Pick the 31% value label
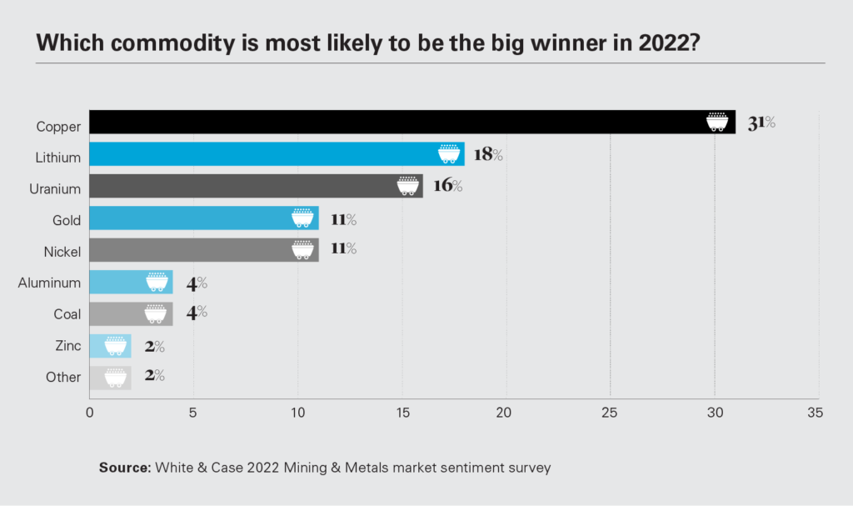coord(761,123)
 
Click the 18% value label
coord(489,154)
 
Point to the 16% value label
coord(447,185)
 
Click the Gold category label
coord(66,220)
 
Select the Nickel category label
coord(62,251)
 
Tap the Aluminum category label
coord(49,283)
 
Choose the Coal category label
coord(67,314)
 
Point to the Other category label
coord(63,377)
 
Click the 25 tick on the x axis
coord(611,413)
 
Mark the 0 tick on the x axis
coord(89,413)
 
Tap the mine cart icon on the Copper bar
coord(716,122)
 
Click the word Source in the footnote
coord(123,468)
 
